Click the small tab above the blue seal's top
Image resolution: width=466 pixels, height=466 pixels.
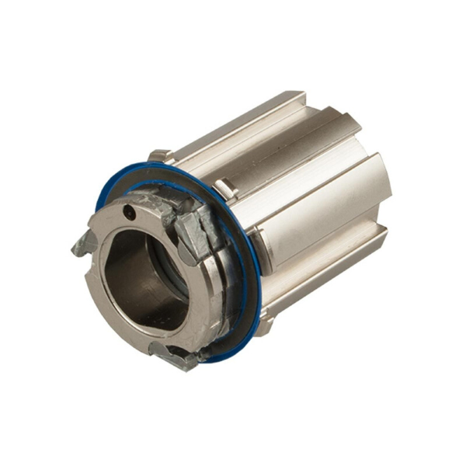158,155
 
